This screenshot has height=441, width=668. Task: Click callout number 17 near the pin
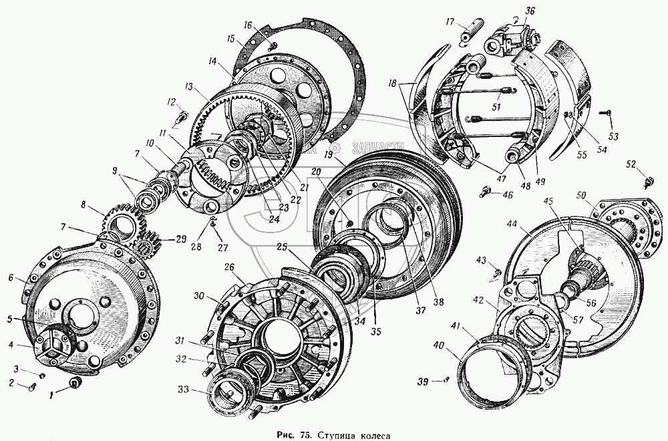[x=450, y=22]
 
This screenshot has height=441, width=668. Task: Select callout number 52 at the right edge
[x=631, y=164]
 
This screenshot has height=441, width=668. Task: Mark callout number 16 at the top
[x=248, y=25]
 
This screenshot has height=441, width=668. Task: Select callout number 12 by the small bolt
[x=172, y=102]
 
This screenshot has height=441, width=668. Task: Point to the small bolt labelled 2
[x=33, y=386]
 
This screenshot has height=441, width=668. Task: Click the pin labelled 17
[x=465, y=32]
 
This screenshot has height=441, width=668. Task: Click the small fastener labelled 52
[x=647, y=180]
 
